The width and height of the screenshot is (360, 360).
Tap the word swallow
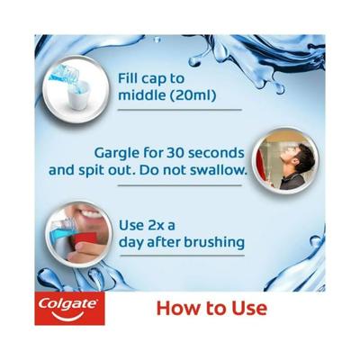[216, 169]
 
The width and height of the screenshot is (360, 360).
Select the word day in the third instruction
[131, 243]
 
